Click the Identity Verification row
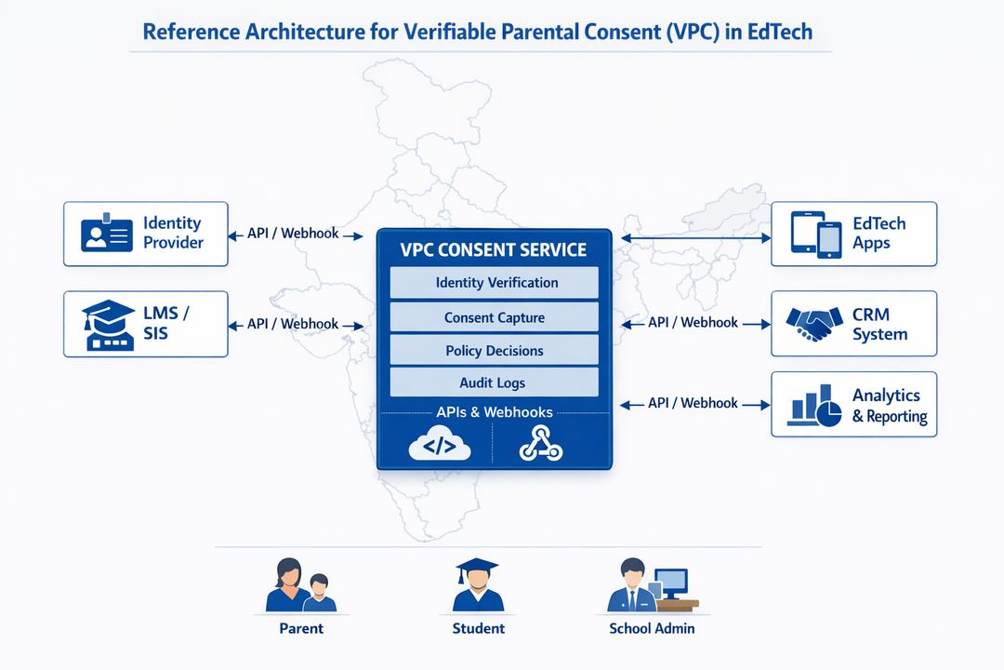coord(494,283)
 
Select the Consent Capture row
coord(494,317)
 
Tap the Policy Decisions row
coord(494,351)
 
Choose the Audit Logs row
coord(494,382)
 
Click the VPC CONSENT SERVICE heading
coord(494,250)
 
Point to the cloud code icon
coord(440,446)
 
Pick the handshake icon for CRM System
coord(814,323)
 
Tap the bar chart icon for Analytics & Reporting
coord(814,406)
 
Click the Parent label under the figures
coord(301,628)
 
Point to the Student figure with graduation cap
coord(477,585)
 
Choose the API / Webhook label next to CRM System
coord(693,323)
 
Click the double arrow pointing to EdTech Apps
coord(695,239)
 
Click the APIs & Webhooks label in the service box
coord(494,412)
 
